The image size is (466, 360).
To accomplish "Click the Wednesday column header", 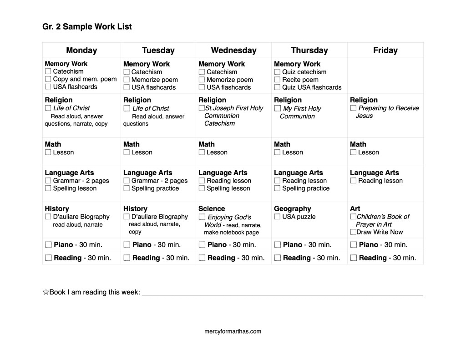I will [233, 51].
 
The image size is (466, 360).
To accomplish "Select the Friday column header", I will [385, 51].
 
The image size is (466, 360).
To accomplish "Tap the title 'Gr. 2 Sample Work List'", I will [87, 26].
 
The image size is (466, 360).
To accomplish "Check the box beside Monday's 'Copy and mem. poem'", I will [48, 79].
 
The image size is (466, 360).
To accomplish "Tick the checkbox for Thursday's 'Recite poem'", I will [277, 80].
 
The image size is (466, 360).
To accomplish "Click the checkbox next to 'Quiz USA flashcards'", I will [277, 87].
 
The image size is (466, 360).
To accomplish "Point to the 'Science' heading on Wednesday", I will [212, 209].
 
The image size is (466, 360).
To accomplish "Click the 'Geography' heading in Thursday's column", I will [292, 209].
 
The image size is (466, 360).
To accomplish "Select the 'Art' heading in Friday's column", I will [355, 209].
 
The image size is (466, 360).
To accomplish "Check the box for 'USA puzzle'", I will [277, 217].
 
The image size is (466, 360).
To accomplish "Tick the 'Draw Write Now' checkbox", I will [353, 232].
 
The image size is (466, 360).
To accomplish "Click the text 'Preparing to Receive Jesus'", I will [388, 112].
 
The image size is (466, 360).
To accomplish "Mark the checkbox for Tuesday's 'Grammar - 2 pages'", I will [127, 181].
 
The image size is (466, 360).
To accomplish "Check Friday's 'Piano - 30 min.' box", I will [353, 245].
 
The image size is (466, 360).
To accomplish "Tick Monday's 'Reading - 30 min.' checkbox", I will [48, 258].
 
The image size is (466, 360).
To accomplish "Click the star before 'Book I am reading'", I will [46, 292].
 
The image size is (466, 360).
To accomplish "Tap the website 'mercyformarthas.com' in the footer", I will [233, 331].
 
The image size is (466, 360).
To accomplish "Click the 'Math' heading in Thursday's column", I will [282, 144].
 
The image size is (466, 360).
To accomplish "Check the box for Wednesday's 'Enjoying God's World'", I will [202, 217].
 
